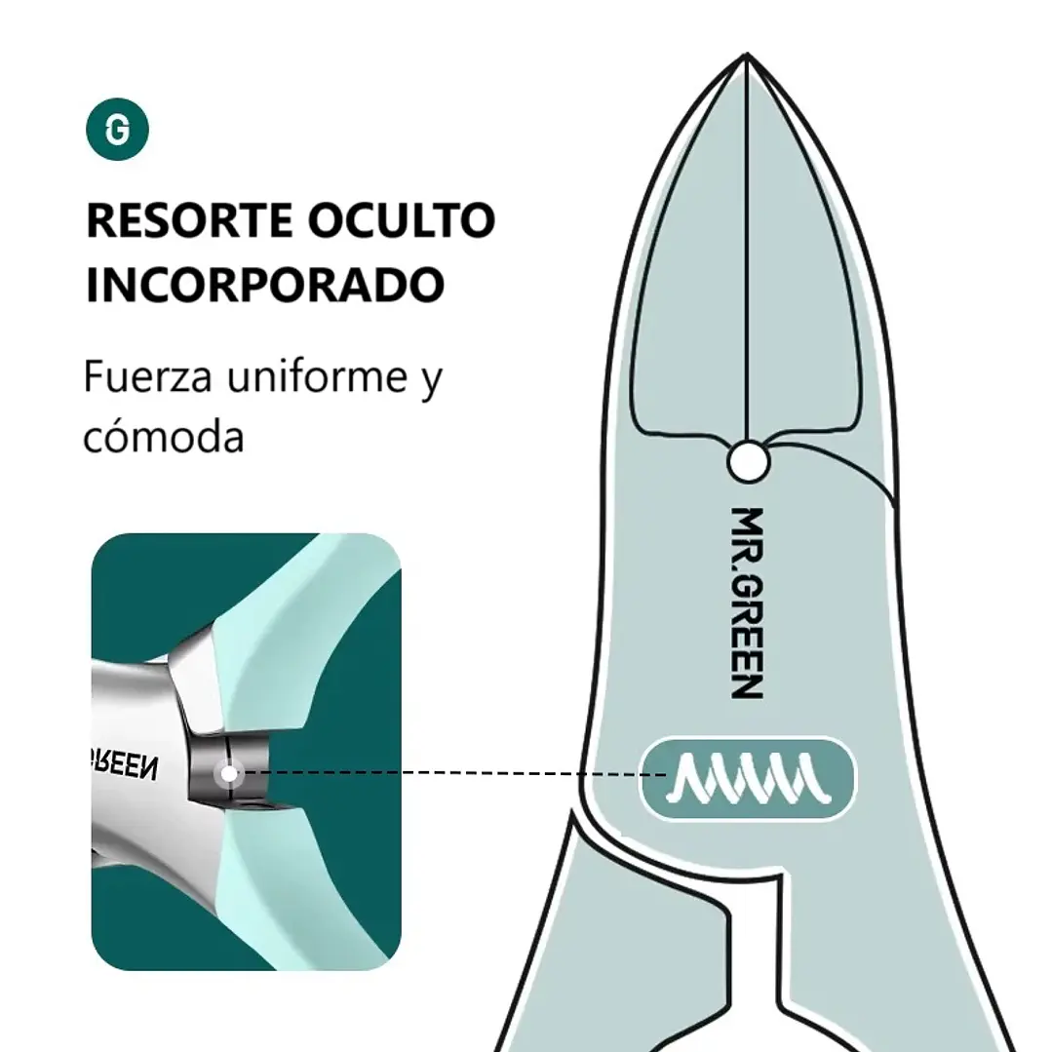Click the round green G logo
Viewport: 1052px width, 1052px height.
117,129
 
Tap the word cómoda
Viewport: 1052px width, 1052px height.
163,437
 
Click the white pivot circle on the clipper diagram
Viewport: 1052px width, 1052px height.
748,461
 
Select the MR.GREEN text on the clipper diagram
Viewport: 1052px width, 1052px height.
747,604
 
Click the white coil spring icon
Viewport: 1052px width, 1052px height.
748,778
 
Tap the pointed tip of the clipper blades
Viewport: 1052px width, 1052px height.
747,54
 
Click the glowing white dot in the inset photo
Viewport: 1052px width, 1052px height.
229,773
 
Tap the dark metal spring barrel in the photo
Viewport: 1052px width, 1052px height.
228,770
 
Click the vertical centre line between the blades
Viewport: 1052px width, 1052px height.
747,249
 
